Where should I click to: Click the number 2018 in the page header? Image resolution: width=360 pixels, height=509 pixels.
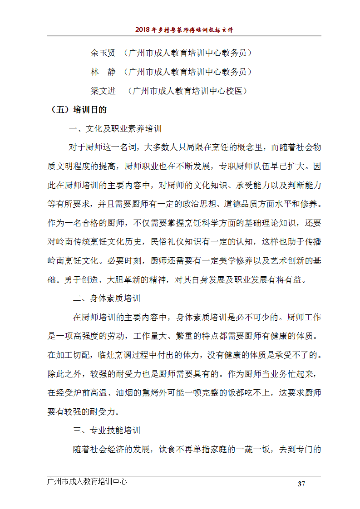pos(143,30)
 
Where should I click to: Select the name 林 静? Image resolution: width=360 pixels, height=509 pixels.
pos(103,72)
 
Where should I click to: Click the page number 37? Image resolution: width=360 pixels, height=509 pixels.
pos(301,484)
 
